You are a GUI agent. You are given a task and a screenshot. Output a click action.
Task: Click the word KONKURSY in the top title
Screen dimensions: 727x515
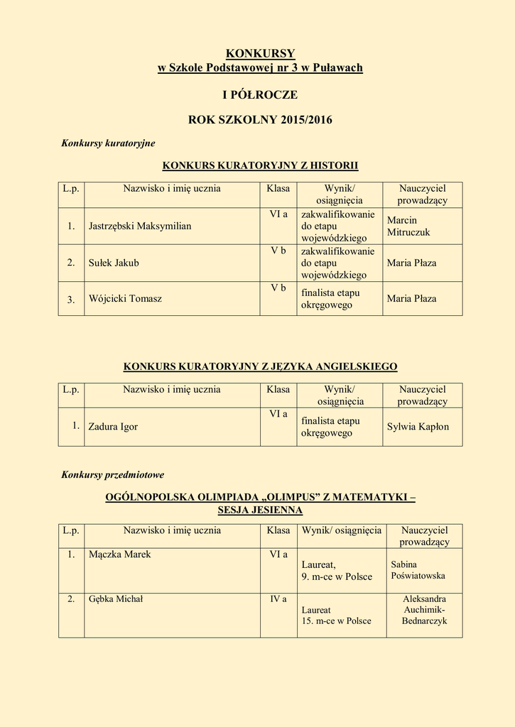point(260,53)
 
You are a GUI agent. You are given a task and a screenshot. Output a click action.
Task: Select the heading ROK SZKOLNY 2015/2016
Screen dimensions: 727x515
point(260,120)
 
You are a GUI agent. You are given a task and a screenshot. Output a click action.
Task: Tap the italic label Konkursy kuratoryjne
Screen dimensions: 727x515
point(108,143)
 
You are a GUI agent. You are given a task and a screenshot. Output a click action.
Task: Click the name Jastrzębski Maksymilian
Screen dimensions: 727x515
point(140,226)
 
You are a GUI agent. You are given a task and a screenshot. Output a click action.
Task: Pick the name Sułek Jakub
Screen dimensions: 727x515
point(114,263)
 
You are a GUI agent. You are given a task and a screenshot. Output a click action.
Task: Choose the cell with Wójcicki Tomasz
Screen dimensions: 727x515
point(125,298)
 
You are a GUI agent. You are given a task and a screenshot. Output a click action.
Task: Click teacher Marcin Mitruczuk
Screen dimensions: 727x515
point(408,226)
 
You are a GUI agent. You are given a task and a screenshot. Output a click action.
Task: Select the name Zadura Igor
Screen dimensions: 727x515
point(113,427)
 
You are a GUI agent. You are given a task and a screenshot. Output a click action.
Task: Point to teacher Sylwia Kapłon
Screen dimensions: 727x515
point(418,427)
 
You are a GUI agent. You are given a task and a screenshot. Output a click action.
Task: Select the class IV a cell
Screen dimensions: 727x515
point(278,599)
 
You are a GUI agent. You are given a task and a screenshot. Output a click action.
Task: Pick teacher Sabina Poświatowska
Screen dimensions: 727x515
point(418,570)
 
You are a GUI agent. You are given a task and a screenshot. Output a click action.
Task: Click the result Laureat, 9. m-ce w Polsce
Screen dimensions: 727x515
point(337,571)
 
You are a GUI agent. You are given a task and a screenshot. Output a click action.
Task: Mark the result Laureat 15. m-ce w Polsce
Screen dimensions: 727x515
point(336,615)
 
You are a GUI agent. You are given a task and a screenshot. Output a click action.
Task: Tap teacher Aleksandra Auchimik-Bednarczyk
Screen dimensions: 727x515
point(424,610)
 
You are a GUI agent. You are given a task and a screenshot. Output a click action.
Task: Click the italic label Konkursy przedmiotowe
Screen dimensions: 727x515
point(113,474)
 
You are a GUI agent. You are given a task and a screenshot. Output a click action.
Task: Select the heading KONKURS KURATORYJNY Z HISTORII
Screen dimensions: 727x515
point(260,165)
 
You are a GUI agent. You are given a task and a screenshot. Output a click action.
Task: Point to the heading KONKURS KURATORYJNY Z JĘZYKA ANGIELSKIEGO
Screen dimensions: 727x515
point(260,366)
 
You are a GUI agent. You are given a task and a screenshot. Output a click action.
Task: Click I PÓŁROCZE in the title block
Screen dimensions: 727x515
point(260,94)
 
